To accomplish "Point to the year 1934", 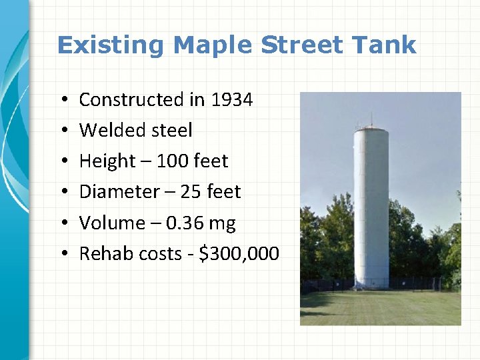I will [x=231, y=100].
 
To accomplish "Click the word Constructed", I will [x=131, y=100].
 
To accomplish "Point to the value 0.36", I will [x=184, y=223].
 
